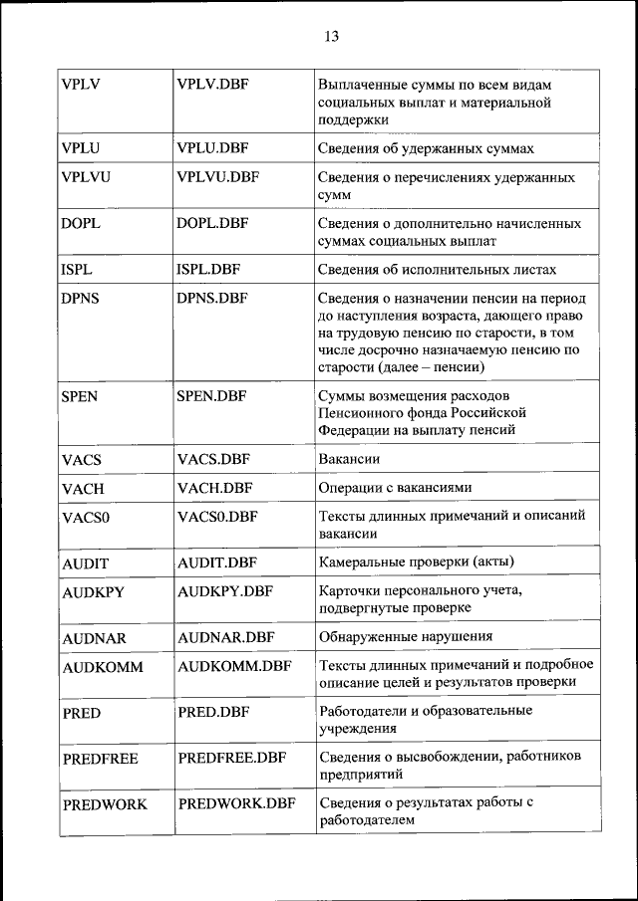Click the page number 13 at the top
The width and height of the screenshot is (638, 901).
click(x=331, y=37)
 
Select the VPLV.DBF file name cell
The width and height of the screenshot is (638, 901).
click(x=212, y=84)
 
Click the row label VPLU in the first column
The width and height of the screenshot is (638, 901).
click(x=81, y=148)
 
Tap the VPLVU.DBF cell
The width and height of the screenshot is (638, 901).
click(x=217, y=177)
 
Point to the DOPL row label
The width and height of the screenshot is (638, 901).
click(x=82, y=223)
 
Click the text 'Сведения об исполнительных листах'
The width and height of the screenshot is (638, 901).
click(x=437, y=270)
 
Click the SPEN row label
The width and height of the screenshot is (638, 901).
click(x=82, y=395)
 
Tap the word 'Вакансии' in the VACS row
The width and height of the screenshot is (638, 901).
click(x=349, y=459)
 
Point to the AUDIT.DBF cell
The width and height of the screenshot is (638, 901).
click(x=217, y=563)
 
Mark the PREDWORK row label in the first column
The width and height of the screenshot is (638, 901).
click(x=104, y=804)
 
